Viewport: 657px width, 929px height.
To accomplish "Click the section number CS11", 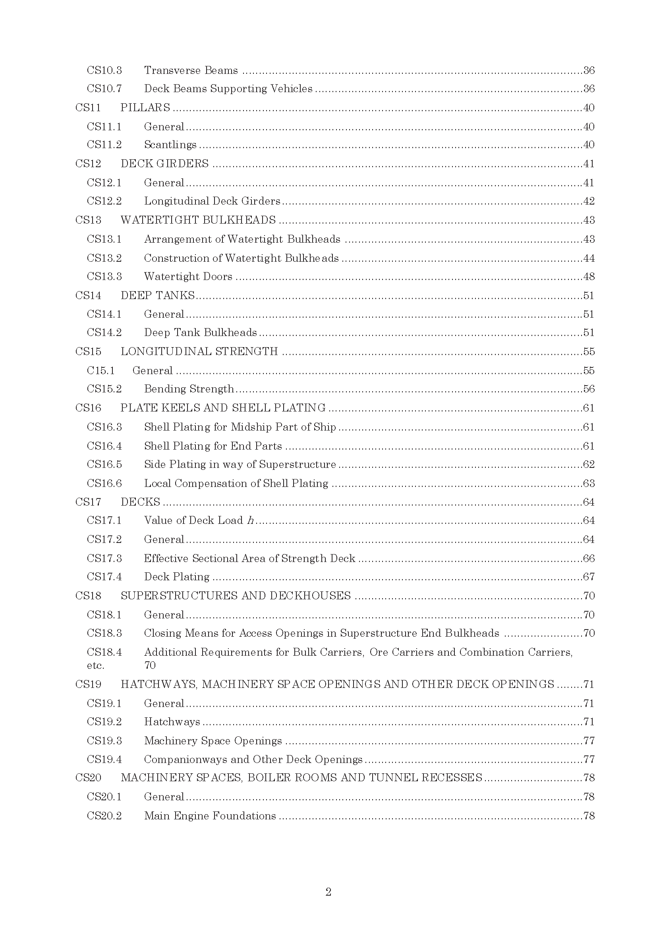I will click(x=88, y=108).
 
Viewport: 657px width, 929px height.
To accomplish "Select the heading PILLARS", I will click(x=145, y=108).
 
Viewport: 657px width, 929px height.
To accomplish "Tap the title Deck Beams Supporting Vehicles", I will click(x=228, y=89).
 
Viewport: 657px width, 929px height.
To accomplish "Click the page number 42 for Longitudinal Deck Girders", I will click(x=589, y=201).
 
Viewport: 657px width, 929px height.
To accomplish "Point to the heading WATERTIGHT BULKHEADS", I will click(x=198, y=220).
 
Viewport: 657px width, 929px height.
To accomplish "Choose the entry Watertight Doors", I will click(x=188, y=276).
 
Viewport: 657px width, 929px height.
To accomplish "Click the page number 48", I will click(x=589, y=276).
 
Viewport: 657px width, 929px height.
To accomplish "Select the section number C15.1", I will click(x=101, y=371).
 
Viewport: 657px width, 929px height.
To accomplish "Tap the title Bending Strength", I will click(x=189, y=389).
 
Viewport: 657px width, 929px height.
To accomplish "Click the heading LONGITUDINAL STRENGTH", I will click(x=199, y=352).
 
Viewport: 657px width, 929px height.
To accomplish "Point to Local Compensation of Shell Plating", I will click(x=236, y=483).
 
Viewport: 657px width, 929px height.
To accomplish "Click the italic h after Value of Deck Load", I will click(x=250, y=521).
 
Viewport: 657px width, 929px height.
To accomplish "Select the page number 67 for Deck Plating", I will click(x=589, y=577).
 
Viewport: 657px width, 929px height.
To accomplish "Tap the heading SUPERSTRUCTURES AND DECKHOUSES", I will click(x=236, y=596).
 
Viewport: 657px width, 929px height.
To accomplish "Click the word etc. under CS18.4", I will click(x=95, y=666).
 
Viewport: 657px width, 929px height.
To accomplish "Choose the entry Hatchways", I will click(x=172, y=722).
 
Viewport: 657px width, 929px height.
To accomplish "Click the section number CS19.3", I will click(x=104, y=741).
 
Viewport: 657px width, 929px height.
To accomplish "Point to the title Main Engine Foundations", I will click(x=210, y=816).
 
